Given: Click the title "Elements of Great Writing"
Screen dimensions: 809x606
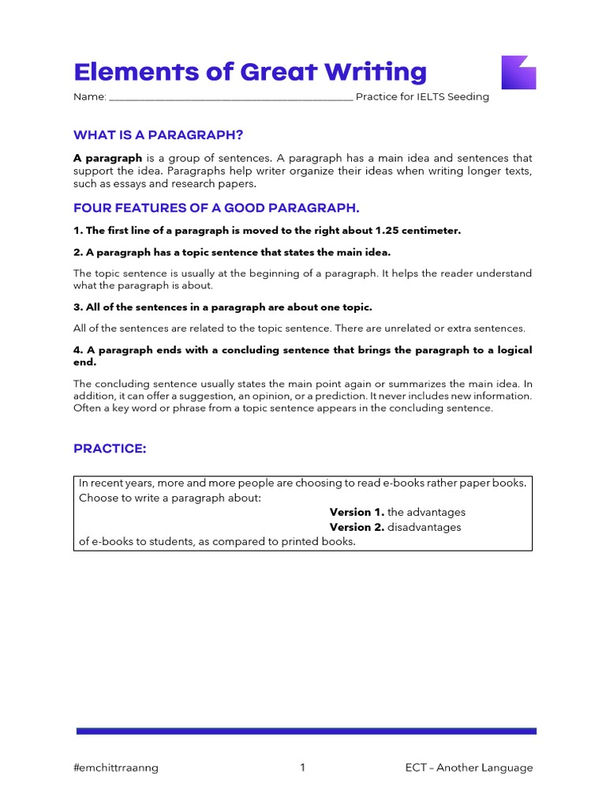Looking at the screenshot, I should click(249, 72).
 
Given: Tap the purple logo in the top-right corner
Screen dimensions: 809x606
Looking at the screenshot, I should click(518, 72).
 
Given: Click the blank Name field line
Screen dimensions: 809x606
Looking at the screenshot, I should click(230, 98).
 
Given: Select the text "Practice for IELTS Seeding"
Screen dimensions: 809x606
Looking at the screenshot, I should click(422, 97).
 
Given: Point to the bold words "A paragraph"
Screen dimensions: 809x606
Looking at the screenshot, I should click(107, 158).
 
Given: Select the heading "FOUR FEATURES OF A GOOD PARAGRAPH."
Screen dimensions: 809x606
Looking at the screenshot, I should click(216, 208).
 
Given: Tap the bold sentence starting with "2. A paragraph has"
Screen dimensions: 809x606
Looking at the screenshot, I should click(232, 252).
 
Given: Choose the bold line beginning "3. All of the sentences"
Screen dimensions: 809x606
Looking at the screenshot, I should click(223, 307).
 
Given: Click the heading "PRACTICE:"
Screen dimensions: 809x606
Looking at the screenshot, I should click(110, 449).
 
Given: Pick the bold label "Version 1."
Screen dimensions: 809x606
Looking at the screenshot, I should click(357, 512).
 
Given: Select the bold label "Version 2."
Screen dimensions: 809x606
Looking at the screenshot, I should click(357, 527).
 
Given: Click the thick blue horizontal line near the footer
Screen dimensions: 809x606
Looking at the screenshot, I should click(306, 731).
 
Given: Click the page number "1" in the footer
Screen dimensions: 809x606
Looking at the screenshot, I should click(302, 768).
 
